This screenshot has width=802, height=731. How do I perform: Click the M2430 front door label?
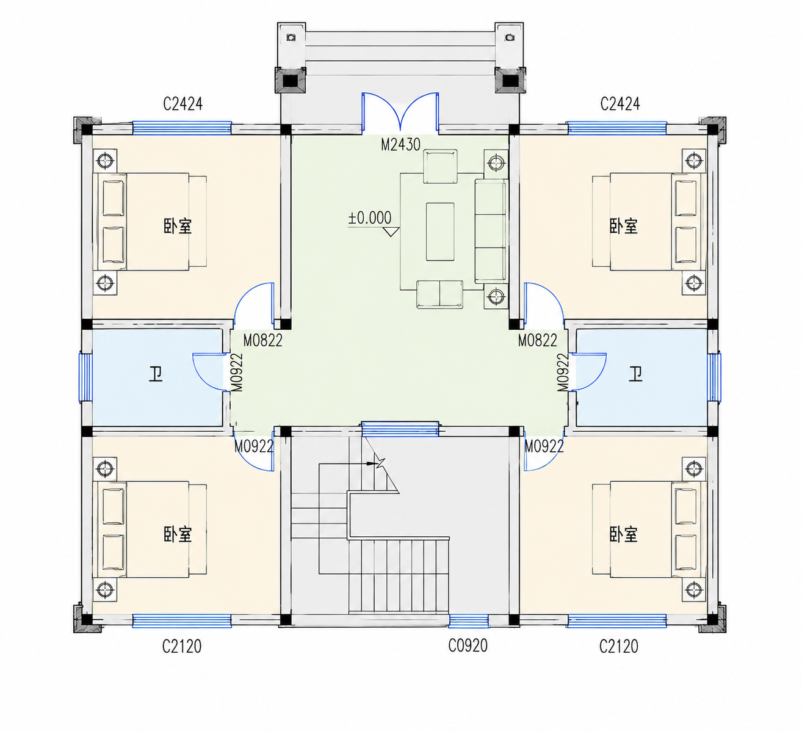(x=400, y=145)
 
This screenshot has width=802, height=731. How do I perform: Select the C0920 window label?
(x=468, y=646)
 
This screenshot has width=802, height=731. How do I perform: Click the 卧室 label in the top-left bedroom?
(x=178, y=226)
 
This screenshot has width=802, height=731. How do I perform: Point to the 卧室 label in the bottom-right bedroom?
(x=623, y=534)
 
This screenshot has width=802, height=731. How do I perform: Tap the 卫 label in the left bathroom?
(x=156, y=374)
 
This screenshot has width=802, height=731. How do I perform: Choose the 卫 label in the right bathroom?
(x=635, y=374)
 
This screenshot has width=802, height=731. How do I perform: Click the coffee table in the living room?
(x=440, y=231)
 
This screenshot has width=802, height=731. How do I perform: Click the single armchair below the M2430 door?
(x=440, y=167)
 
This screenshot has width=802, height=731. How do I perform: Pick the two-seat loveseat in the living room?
(x=440, y=294)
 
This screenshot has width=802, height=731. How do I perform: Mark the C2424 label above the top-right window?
(x=620, y=104)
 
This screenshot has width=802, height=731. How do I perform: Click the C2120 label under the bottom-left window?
(x=181, y=646)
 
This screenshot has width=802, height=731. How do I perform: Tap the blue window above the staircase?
(x=400, y=429)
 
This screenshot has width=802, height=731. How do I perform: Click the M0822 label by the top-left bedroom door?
(x=262, y=341)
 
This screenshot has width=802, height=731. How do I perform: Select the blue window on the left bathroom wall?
(x=85, y=377)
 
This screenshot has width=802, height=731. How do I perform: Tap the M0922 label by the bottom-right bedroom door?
(x=544, y=446)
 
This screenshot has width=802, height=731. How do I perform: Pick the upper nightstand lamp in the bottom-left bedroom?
(x=105, y=468)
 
